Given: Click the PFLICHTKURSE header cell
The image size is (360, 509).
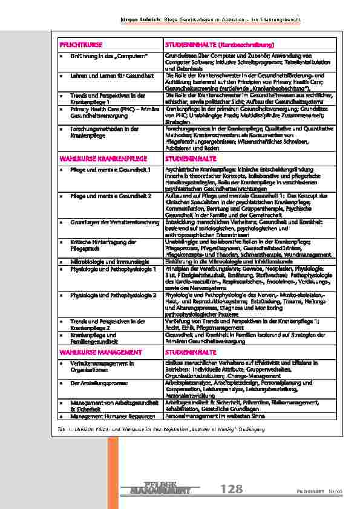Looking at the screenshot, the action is pos(76,45).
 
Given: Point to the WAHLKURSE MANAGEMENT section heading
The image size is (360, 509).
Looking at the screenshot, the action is pos(91,351).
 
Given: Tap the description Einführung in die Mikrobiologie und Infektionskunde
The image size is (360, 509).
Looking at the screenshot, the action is pos(227,261).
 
